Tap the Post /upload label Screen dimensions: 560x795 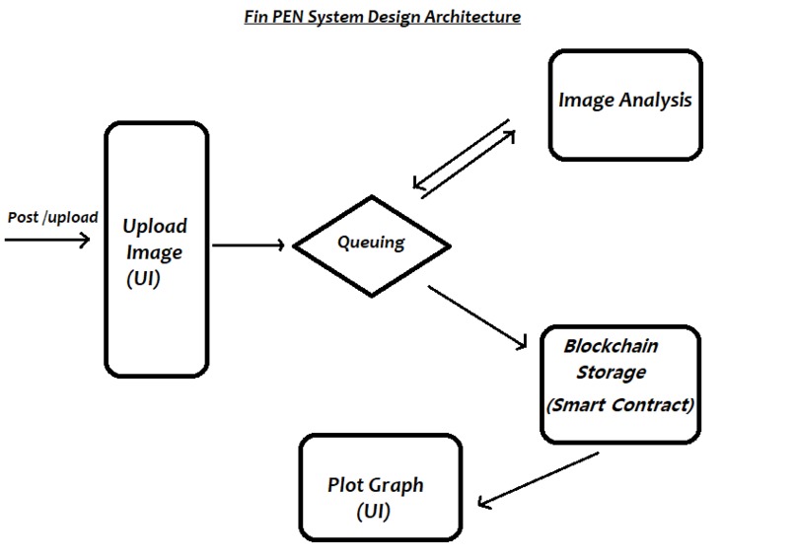[52, 217]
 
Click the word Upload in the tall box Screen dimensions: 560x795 [155, 226]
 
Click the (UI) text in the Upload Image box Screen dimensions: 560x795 [144, 279]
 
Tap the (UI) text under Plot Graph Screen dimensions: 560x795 [375, 514]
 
